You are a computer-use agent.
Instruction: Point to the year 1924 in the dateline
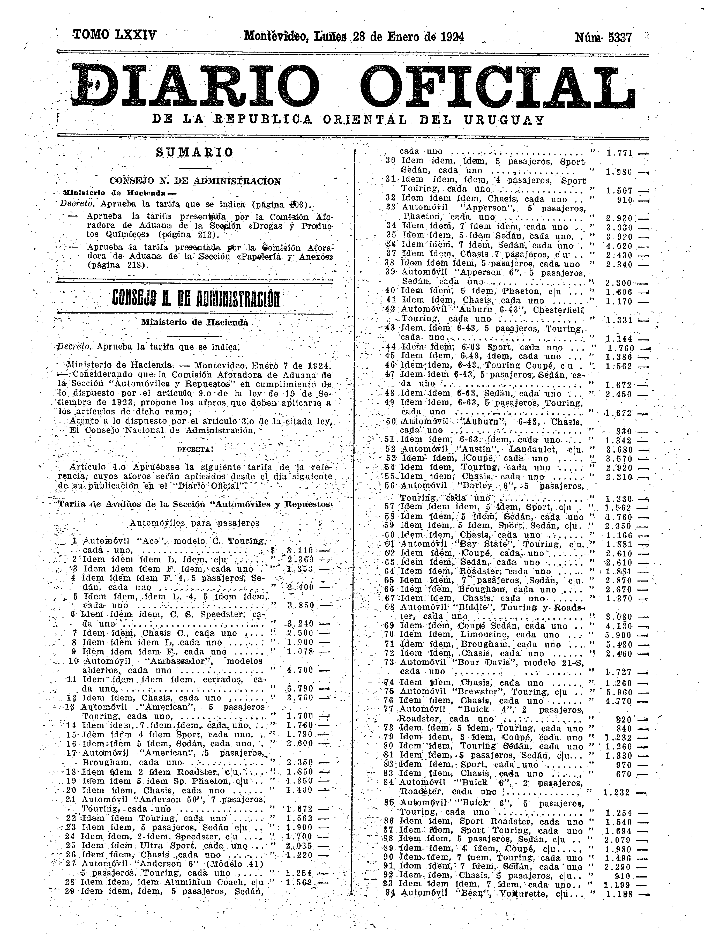[x=452, y=36]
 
